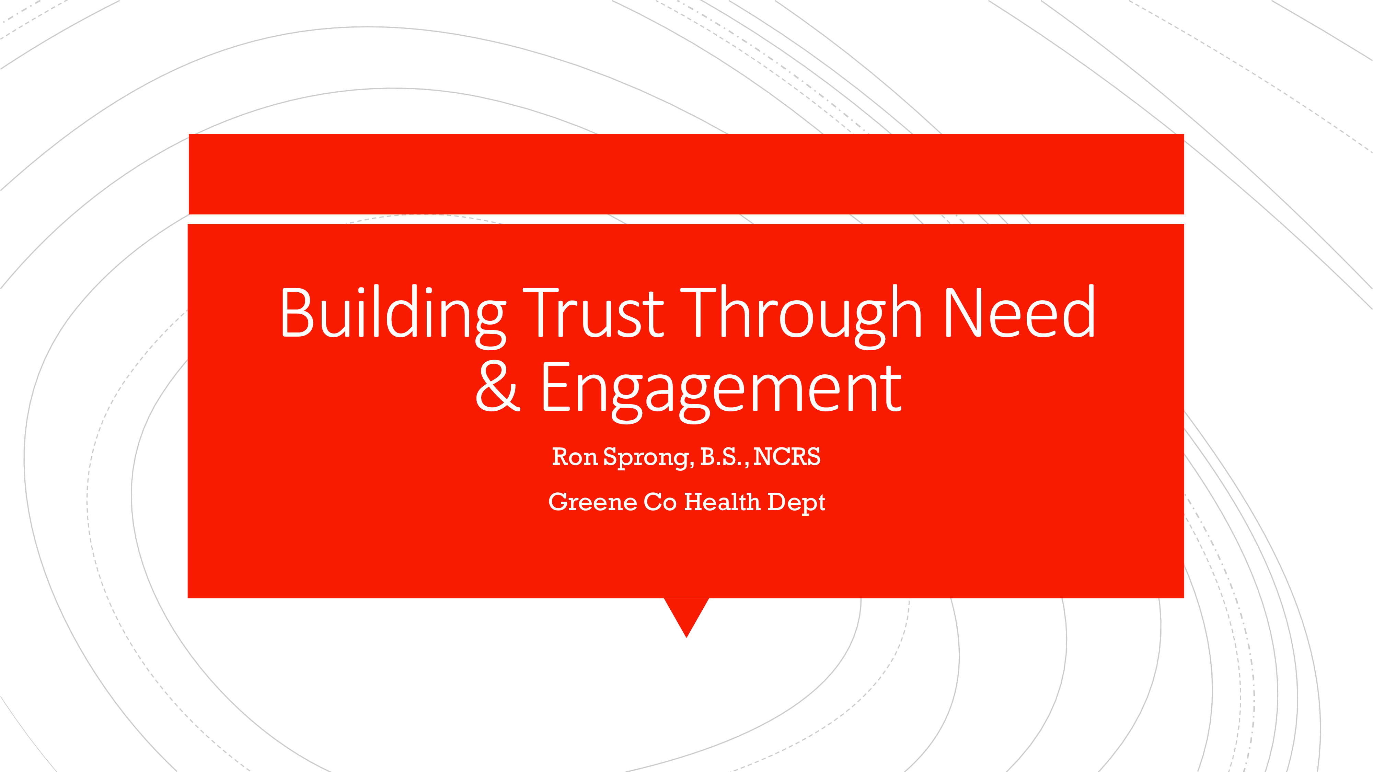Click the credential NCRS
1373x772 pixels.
tap(787, 457)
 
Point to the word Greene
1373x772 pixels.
tap(593, 502)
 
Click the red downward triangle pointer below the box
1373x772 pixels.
tap(686, 613)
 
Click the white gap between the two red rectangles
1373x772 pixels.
tap(686, 219)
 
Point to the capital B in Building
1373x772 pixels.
tap(297, 313)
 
